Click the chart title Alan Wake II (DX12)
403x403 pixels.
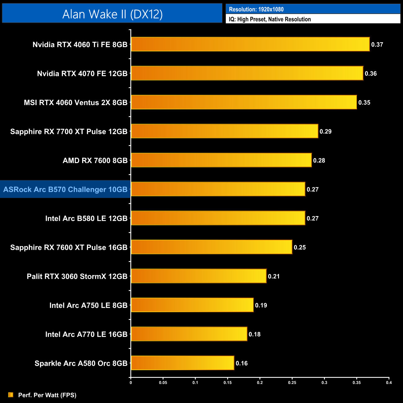112,14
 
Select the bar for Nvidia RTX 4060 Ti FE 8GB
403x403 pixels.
250,44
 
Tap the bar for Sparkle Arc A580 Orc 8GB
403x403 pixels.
183,363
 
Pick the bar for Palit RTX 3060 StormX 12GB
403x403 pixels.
199,276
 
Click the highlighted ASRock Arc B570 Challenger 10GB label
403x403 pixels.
65,189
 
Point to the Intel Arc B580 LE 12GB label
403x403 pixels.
86,219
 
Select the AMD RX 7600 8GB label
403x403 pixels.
95,161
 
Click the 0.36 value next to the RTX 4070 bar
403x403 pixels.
371,73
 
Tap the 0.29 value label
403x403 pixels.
325,131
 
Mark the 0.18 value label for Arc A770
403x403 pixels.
255,334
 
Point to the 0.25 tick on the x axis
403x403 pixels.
292,383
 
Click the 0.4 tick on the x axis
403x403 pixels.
389,383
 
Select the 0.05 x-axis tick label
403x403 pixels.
163,383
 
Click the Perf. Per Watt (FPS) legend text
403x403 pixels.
47,395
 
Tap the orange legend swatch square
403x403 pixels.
11,395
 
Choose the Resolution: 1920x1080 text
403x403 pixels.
256,9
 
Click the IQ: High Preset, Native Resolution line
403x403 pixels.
270,19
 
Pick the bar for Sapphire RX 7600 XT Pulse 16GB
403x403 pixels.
211,247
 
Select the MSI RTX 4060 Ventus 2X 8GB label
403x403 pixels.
76,103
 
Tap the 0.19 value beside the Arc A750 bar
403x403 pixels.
261,305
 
